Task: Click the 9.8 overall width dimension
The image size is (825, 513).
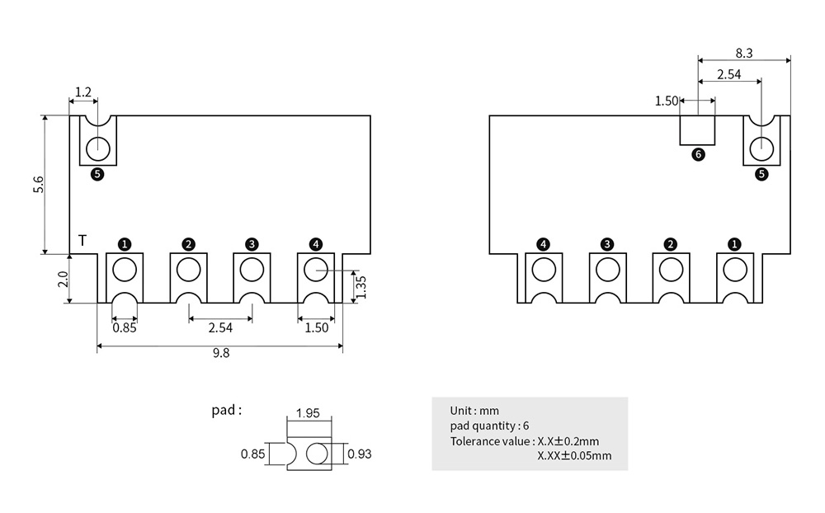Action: click(221, 354)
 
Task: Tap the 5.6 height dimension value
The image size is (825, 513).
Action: click(39, 186)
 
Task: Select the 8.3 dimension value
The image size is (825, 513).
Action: click(744, 53)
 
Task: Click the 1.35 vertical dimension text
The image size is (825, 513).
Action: click(361, 286)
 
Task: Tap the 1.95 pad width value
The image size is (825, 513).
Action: click(308, 413)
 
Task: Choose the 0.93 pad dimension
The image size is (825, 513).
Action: click(361, 454)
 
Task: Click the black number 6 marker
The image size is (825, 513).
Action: click(698, 154)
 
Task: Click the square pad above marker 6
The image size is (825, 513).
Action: click(697, 129)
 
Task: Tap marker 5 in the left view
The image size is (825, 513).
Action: click(97, 174)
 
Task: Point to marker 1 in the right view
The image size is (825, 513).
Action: click(734, 244)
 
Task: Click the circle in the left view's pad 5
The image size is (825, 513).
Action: click(98, 148)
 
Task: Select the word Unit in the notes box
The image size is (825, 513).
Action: click(461, 411)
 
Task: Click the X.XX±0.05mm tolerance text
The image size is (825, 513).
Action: click(574, 455)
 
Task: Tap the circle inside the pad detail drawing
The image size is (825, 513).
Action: click(316, 454)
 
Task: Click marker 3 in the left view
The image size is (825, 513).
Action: click(252, 244)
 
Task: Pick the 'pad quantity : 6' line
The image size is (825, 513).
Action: click(489, 426)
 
